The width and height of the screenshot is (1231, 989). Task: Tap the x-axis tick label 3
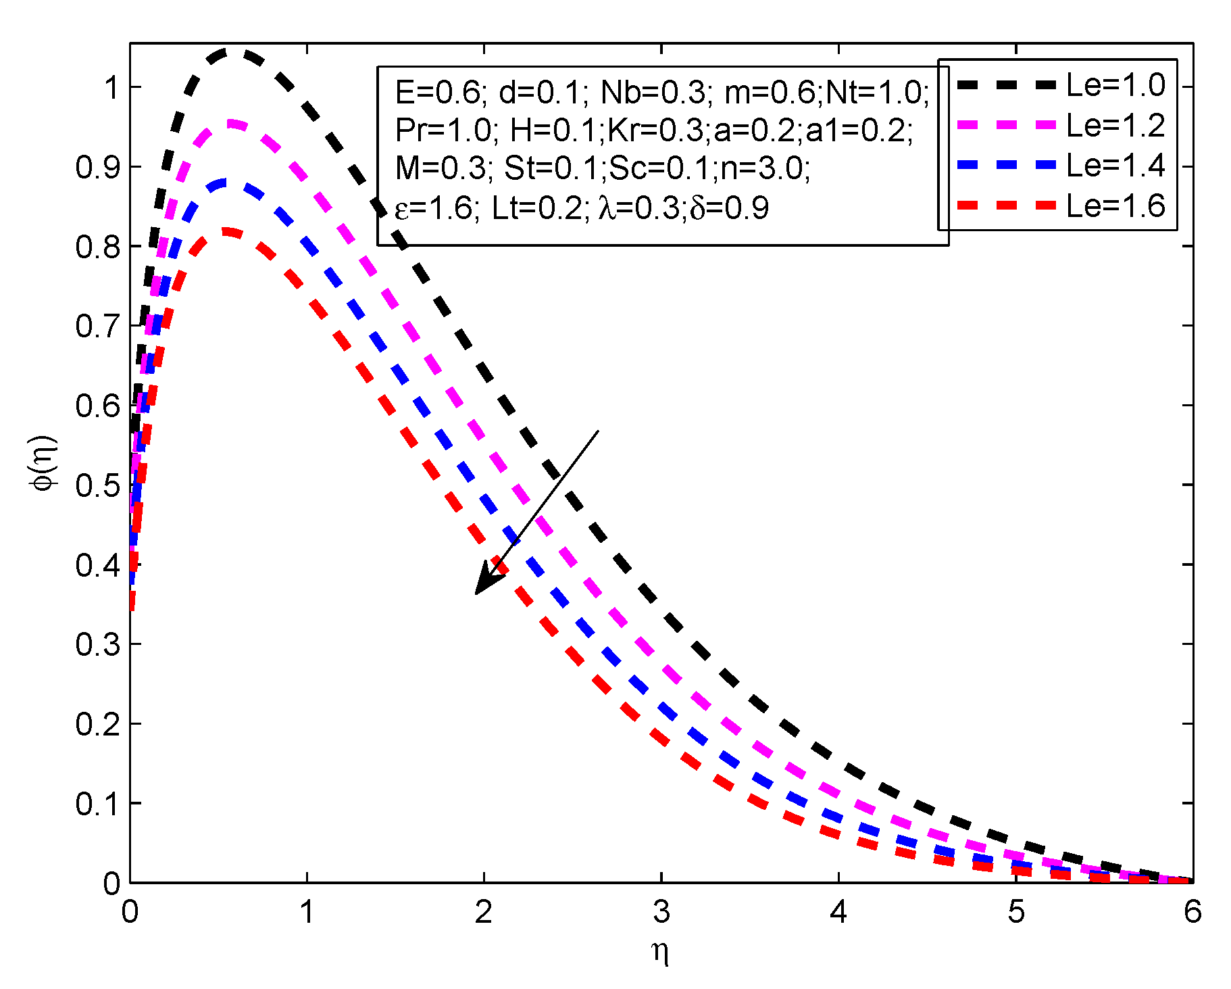[661, 913]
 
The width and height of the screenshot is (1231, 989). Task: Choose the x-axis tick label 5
[1016, 913]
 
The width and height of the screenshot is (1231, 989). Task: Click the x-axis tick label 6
[1192, 913]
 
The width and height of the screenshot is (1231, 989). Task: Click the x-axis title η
[660, 953]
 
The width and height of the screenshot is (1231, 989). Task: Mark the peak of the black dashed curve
[233, 52]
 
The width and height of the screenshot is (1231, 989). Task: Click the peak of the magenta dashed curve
[232, 124]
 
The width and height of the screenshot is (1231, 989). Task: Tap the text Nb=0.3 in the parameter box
[653, 93]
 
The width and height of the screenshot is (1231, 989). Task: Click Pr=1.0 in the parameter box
[445, 130]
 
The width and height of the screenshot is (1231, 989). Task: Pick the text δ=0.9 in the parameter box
[729, 208]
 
